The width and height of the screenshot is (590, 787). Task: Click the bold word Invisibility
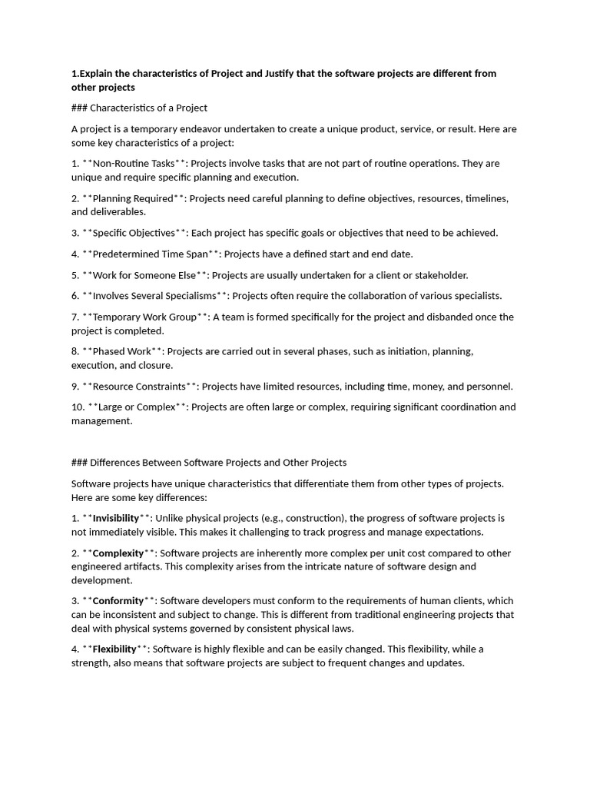click(116, 519)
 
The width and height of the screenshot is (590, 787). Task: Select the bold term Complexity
click(118, 553)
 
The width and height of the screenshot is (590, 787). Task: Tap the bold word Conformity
click(118, 601)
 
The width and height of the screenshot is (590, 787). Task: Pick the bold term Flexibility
click(114, 649)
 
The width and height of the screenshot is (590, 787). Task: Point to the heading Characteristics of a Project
click(149, 108)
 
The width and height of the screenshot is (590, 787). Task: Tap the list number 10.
click(77, 407)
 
